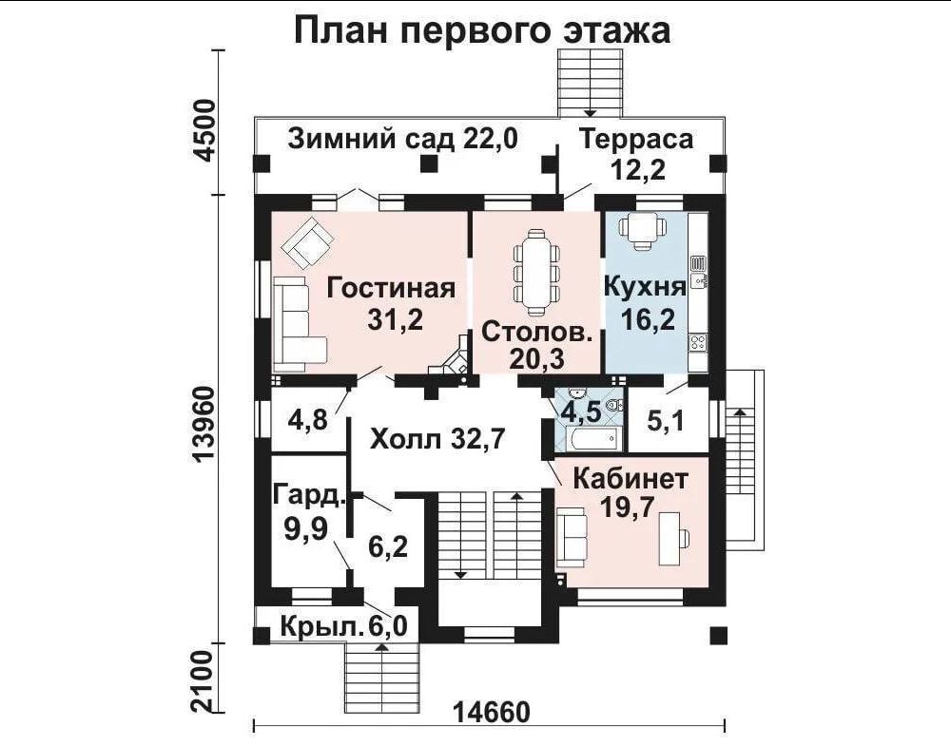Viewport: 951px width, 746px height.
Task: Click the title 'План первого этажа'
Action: pos(482,30)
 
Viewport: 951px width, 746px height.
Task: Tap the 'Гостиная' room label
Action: pos(391,288)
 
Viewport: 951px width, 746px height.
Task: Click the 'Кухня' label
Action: pos(646,287)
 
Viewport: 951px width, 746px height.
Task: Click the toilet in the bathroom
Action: pos(613,405)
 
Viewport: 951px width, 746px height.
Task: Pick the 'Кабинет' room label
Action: pos(631,479)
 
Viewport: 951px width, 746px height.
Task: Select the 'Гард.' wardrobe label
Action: pos(309,495)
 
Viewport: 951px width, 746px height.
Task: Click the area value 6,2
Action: pos(388,546)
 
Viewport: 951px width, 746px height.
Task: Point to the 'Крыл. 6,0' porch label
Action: pos(344,626)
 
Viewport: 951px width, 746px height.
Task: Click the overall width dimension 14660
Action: pos(491,713)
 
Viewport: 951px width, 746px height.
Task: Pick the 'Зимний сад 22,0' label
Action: pos(402,139)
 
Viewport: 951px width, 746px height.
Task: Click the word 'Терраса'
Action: pos(636,139)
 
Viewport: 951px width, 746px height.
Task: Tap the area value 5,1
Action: pos(666,420)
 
